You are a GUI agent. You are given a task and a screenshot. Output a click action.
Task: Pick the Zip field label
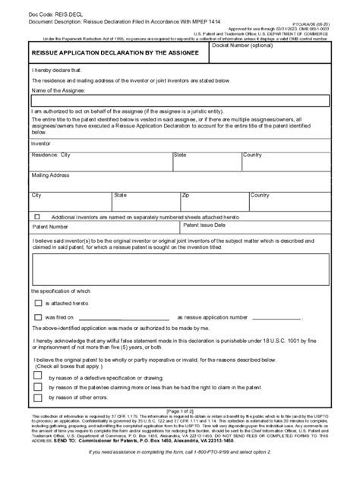185,195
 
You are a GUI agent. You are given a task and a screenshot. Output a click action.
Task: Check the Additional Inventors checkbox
37,216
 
